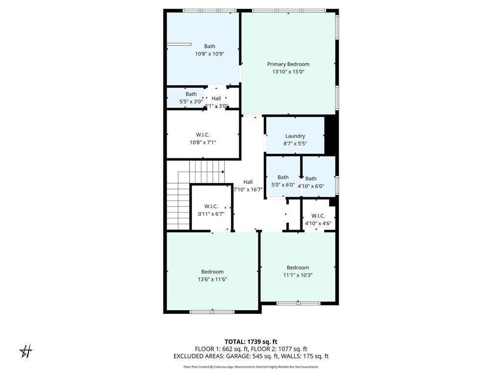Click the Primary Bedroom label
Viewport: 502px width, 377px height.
click(x=288, y=64)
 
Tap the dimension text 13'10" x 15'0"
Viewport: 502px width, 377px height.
click(x=288, y=72)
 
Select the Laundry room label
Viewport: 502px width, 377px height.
click(x=295, y=136)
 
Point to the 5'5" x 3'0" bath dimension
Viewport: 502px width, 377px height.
click(x=191, y=102)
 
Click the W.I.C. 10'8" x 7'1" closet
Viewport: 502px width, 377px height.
click(x=203, y=138)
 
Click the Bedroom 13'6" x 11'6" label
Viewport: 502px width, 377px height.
click(x=212, y=271)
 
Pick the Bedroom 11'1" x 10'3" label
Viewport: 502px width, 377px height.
click(x=298, y=268)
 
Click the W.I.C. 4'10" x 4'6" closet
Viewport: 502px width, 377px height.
click(x=318, y=219)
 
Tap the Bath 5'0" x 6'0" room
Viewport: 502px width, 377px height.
click(x=283, y=181)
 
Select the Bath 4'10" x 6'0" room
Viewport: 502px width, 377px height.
click(x=311, y=182)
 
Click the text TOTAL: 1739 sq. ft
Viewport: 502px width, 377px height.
click(x=251, y=342)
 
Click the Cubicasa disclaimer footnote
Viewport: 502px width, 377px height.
click(x=251, y=367)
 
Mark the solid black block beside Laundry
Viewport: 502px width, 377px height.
click(x=331, y=135)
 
